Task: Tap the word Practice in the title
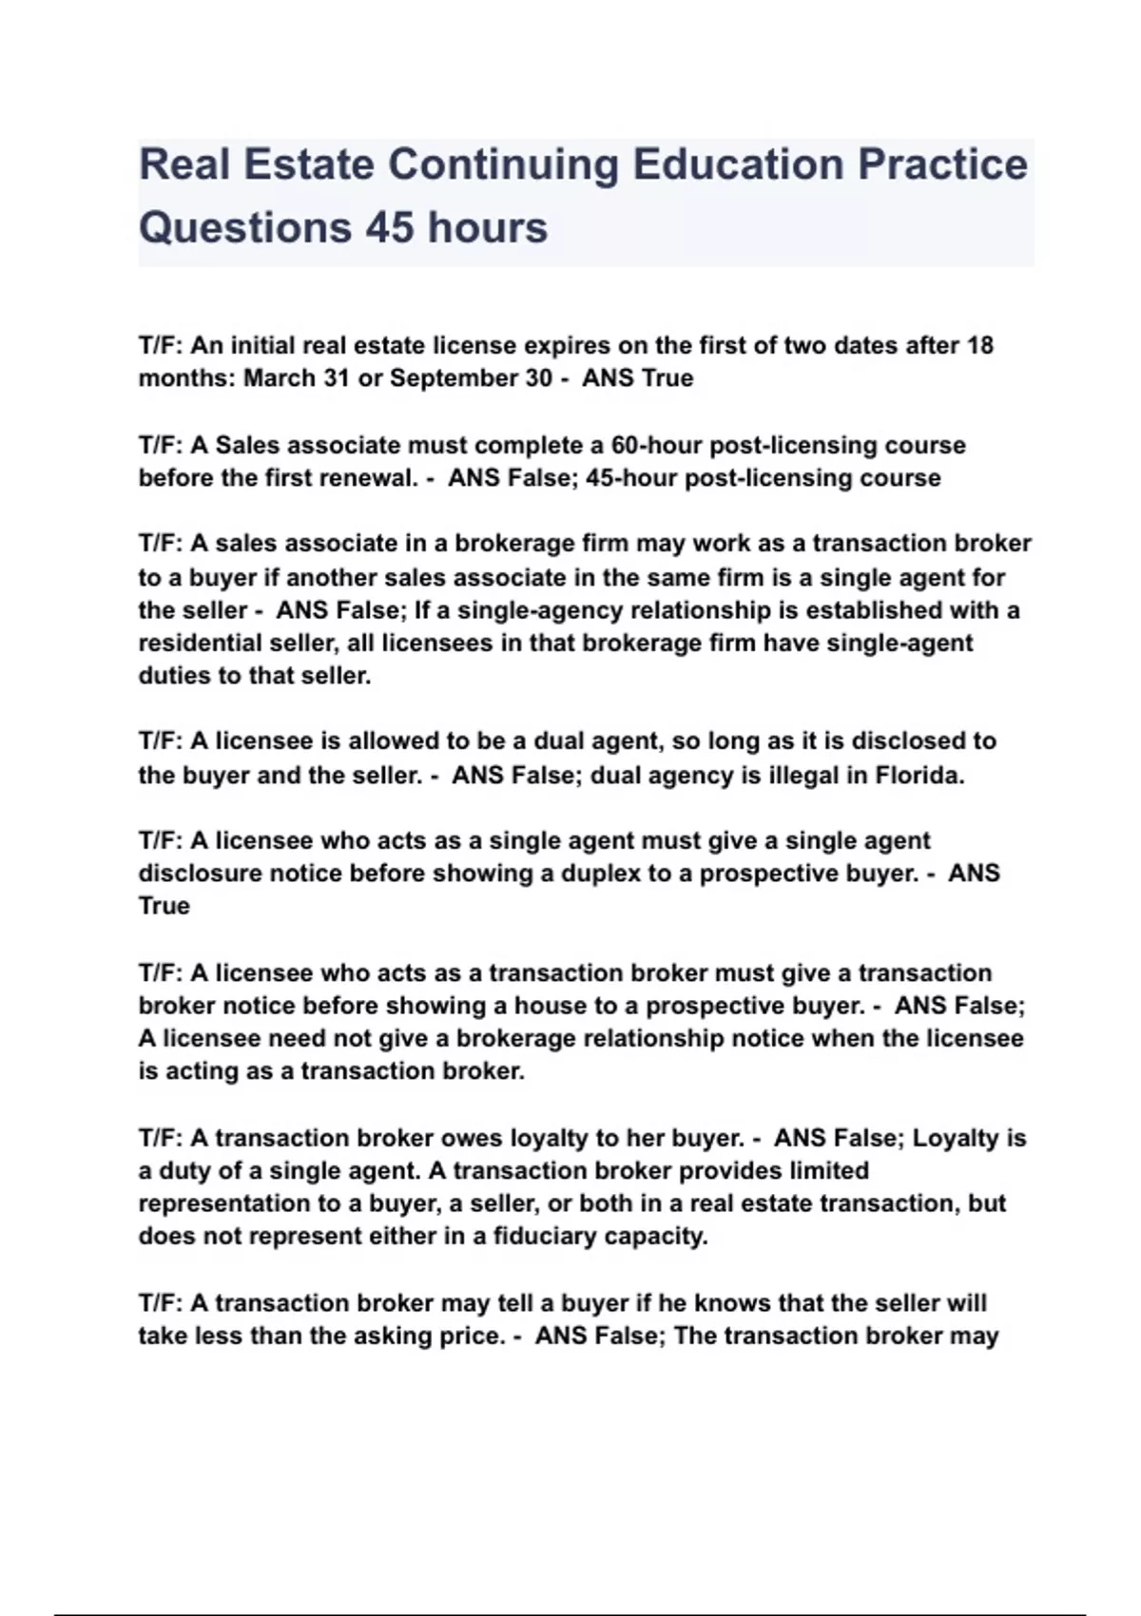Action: pyautogui.click(x=942, y=164)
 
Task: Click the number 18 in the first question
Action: pyautogui.click(x=979, y=345)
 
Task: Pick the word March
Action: pyautogui.click(x=279, y=378)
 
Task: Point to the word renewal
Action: pyautogui.click(x=365, y=477)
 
